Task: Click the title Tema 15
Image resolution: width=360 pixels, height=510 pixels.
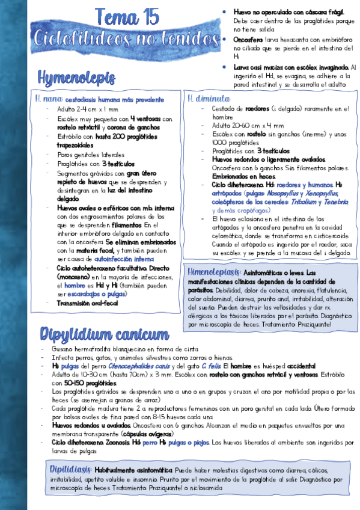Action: [x=126, y=15]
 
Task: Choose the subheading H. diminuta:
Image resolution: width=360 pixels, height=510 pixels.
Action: [x=208, y=99]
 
